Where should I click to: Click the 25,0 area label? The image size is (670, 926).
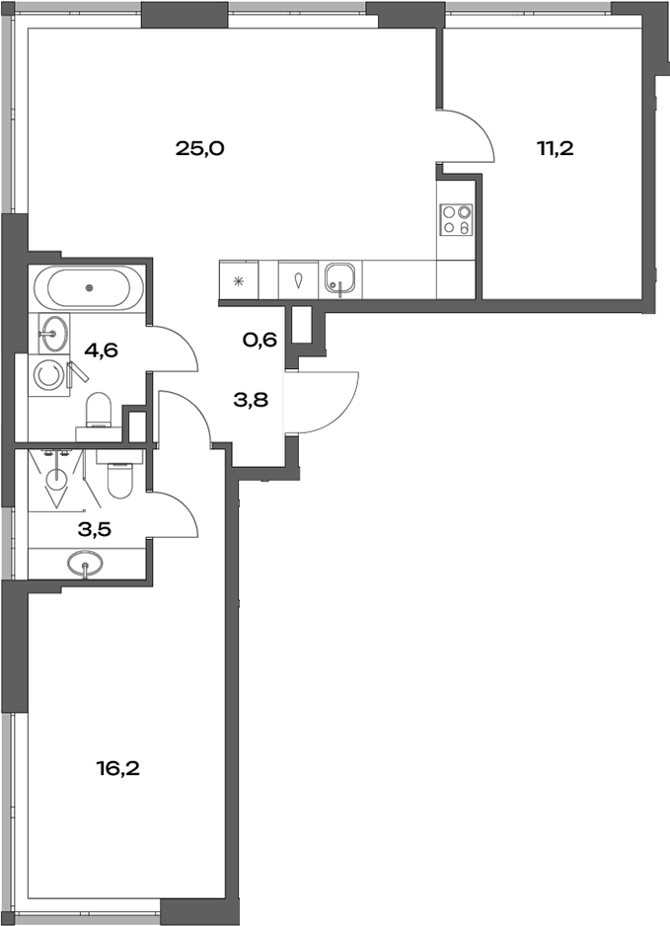200,149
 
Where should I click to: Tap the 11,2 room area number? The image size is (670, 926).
555,149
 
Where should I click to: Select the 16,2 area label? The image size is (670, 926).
117,767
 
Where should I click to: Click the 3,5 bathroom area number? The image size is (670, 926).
95,528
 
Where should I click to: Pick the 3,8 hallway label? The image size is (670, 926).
251,401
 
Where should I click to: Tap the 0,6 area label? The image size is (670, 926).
260,341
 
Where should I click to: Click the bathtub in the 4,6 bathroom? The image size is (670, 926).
88,287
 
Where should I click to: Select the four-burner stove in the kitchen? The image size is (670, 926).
457,219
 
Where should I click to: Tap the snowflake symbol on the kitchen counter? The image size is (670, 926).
238,279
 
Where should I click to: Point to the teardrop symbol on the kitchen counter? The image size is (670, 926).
299,279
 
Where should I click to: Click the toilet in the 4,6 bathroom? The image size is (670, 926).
99,410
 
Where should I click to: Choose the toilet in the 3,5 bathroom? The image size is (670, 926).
118,476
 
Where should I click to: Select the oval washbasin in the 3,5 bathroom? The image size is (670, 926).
87,566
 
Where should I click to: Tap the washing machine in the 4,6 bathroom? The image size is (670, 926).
46,374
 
